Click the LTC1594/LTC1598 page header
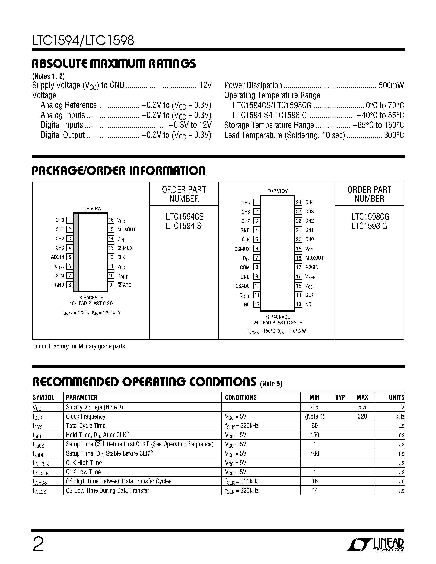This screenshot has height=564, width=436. coord(83,41)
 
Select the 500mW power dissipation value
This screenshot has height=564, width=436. coord(391,86)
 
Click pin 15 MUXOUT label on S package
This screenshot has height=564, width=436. coord(126,229)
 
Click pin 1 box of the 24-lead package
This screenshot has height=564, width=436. coord(256,202)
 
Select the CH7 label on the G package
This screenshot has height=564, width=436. coord(245,221)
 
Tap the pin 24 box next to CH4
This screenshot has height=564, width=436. coord(299,202)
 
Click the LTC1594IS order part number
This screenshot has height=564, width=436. coord(184,226)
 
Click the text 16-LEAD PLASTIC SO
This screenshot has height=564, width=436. coord(91,304)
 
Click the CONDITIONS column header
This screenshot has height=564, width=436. coord(241,397)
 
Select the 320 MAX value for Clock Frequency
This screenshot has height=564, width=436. coord(362,416)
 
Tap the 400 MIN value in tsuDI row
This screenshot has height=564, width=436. coord(314,453)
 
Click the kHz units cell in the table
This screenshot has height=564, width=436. coord(399,416)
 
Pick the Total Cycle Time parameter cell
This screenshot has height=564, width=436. coord(86,426)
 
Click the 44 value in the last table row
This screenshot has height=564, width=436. coord(314,490)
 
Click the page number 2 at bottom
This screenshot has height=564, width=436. coord(38,545)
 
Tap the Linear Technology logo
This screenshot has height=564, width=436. coord(374,545)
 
